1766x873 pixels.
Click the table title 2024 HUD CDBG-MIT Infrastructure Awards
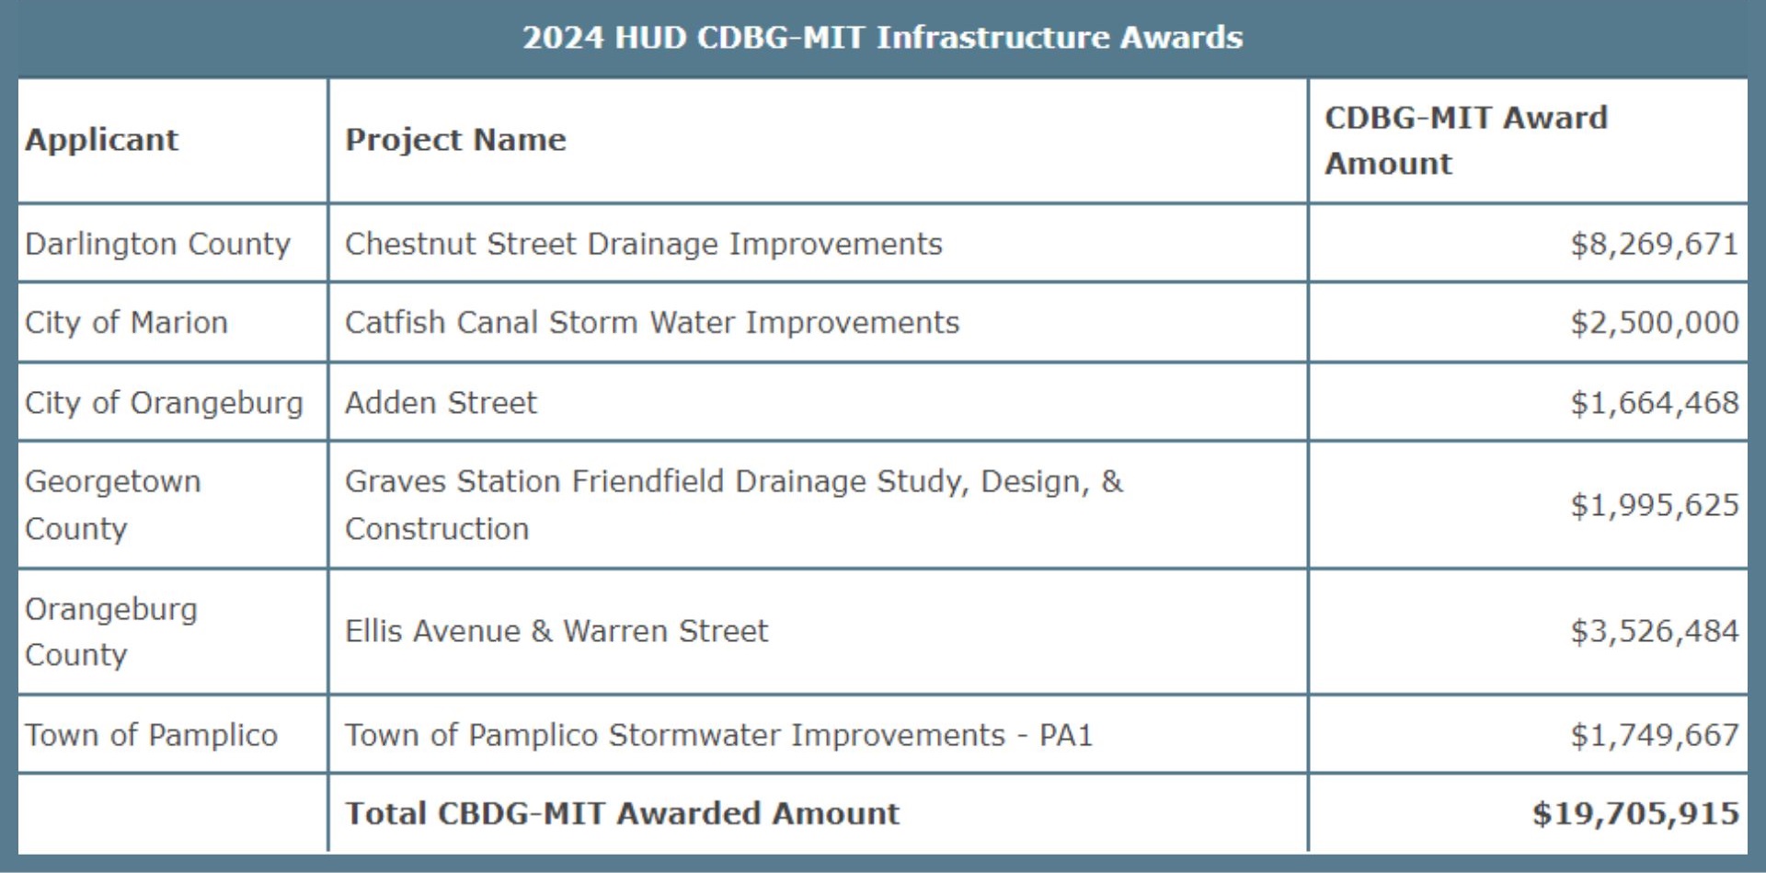[x=882, y=38]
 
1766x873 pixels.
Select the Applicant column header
[x=101, y=140]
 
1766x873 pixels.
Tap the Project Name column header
[x=455, y=140]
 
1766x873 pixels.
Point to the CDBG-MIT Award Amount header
[x=1465, y=140]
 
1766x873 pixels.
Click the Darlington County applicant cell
[x=157, y=244]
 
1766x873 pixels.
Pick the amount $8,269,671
[x=1654, y=244]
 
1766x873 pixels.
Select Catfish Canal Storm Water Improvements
[x=651, y=323]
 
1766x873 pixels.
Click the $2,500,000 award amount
[x=1654, y=323]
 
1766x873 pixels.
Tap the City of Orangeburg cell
[x=164, y=403]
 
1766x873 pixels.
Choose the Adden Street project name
[x=441, y=403]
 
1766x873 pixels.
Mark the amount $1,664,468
[x=1654, y=403]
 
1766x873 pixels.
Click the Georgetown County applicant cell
[x=112, y=504]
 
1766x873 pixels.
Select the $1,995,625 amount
[x=1654, y=505]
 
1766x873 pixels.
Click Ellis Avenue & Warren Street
[x=556, y=631]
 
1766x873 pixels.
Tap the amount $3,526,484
[x=1654, y=631]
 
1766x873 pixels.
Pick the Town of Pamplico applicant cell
[x=151, y=735]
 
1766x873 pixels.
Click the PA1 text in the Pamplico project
[x=1065, y=735]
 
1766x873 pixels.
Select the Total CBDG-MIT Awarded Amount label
[x=622, y=813]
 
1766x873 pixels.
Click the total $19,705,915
[x=1634, y=813]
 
